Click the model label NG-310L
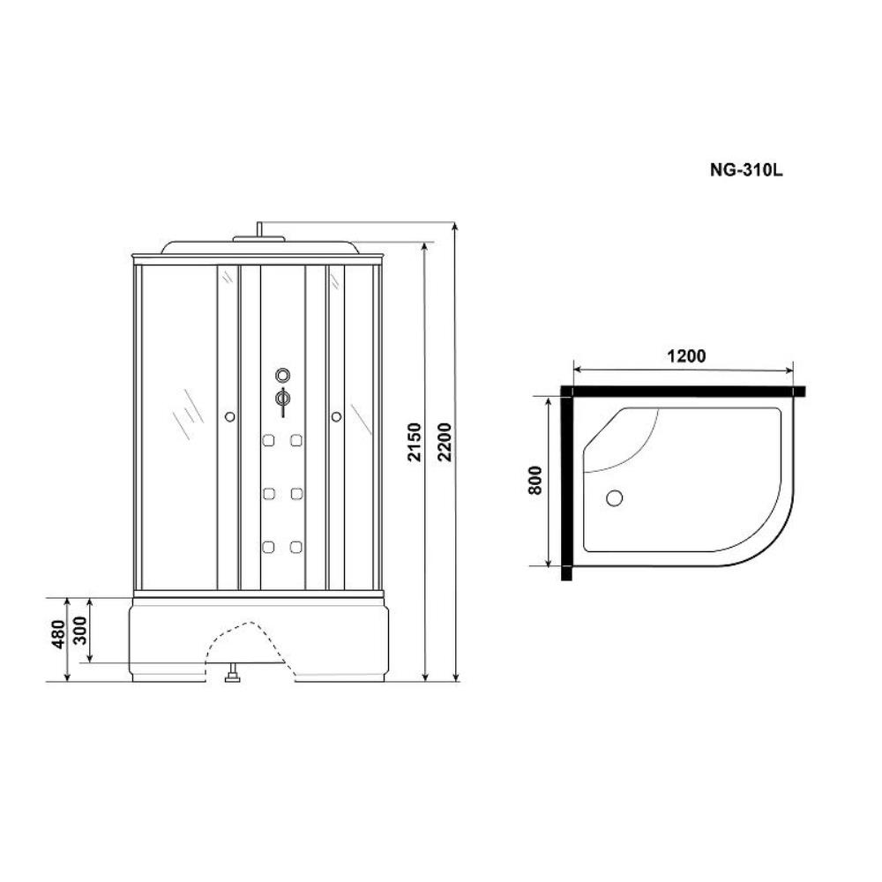point(746,170)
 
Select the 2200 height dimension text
point(445,442)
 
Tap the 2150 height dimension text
point(415,442)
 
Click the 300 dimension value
point(80,631)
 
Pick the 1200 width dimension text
point(686,356)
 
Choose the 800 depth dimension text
point(535,480)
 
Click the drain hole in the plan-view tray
point(614,497)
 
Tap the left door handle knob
point(229,417)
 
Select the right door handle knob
point(336,417)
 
